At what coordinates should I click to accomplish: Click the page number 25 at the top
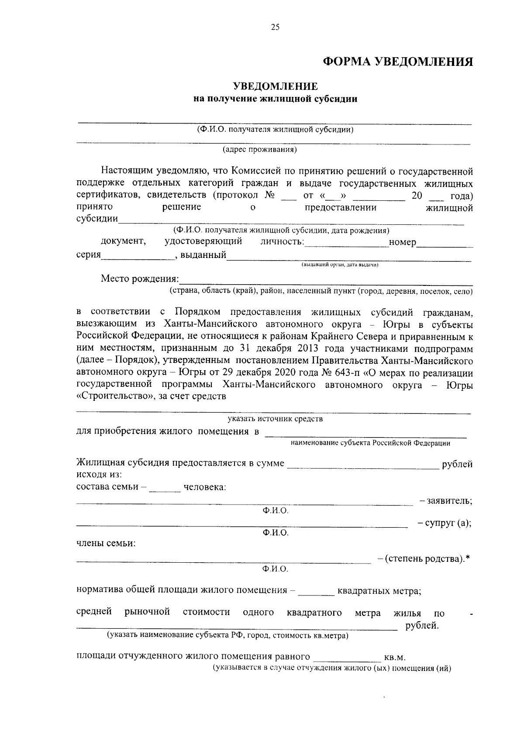pyautogui.click(x=275, y=28)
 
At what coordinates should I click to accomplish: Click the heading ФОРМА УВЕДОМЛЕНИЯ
pyautogui.click(x=398, y=62)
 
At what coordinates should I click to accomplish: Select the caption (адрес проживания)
pyautogui.click(x=260, y=150)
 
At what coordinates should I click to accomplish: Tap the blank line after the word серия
pyautogui.click(x=136, y=256)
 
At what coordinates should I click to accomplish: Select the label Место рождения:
pyautogui.click(x=140, y=279)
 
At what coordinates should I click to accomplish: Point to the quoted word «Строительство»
pyautogui.click(x=114, y=396)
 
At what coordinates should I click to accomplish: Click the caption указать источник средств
pyautogui.click(x=275, y=419)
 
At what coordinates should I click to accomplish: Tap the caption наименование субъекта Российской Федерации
pyautogui.click(x=371, y=443)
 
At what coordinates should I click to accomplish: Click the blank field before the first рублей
pyautogui.click(x=362, y=464)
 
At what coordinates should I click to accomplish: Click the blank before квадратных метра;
pyautogui.click(x=317, y=592)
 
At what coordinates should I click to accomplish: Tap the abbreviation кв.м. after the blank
pyautogui.click(x=395, y=657)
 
